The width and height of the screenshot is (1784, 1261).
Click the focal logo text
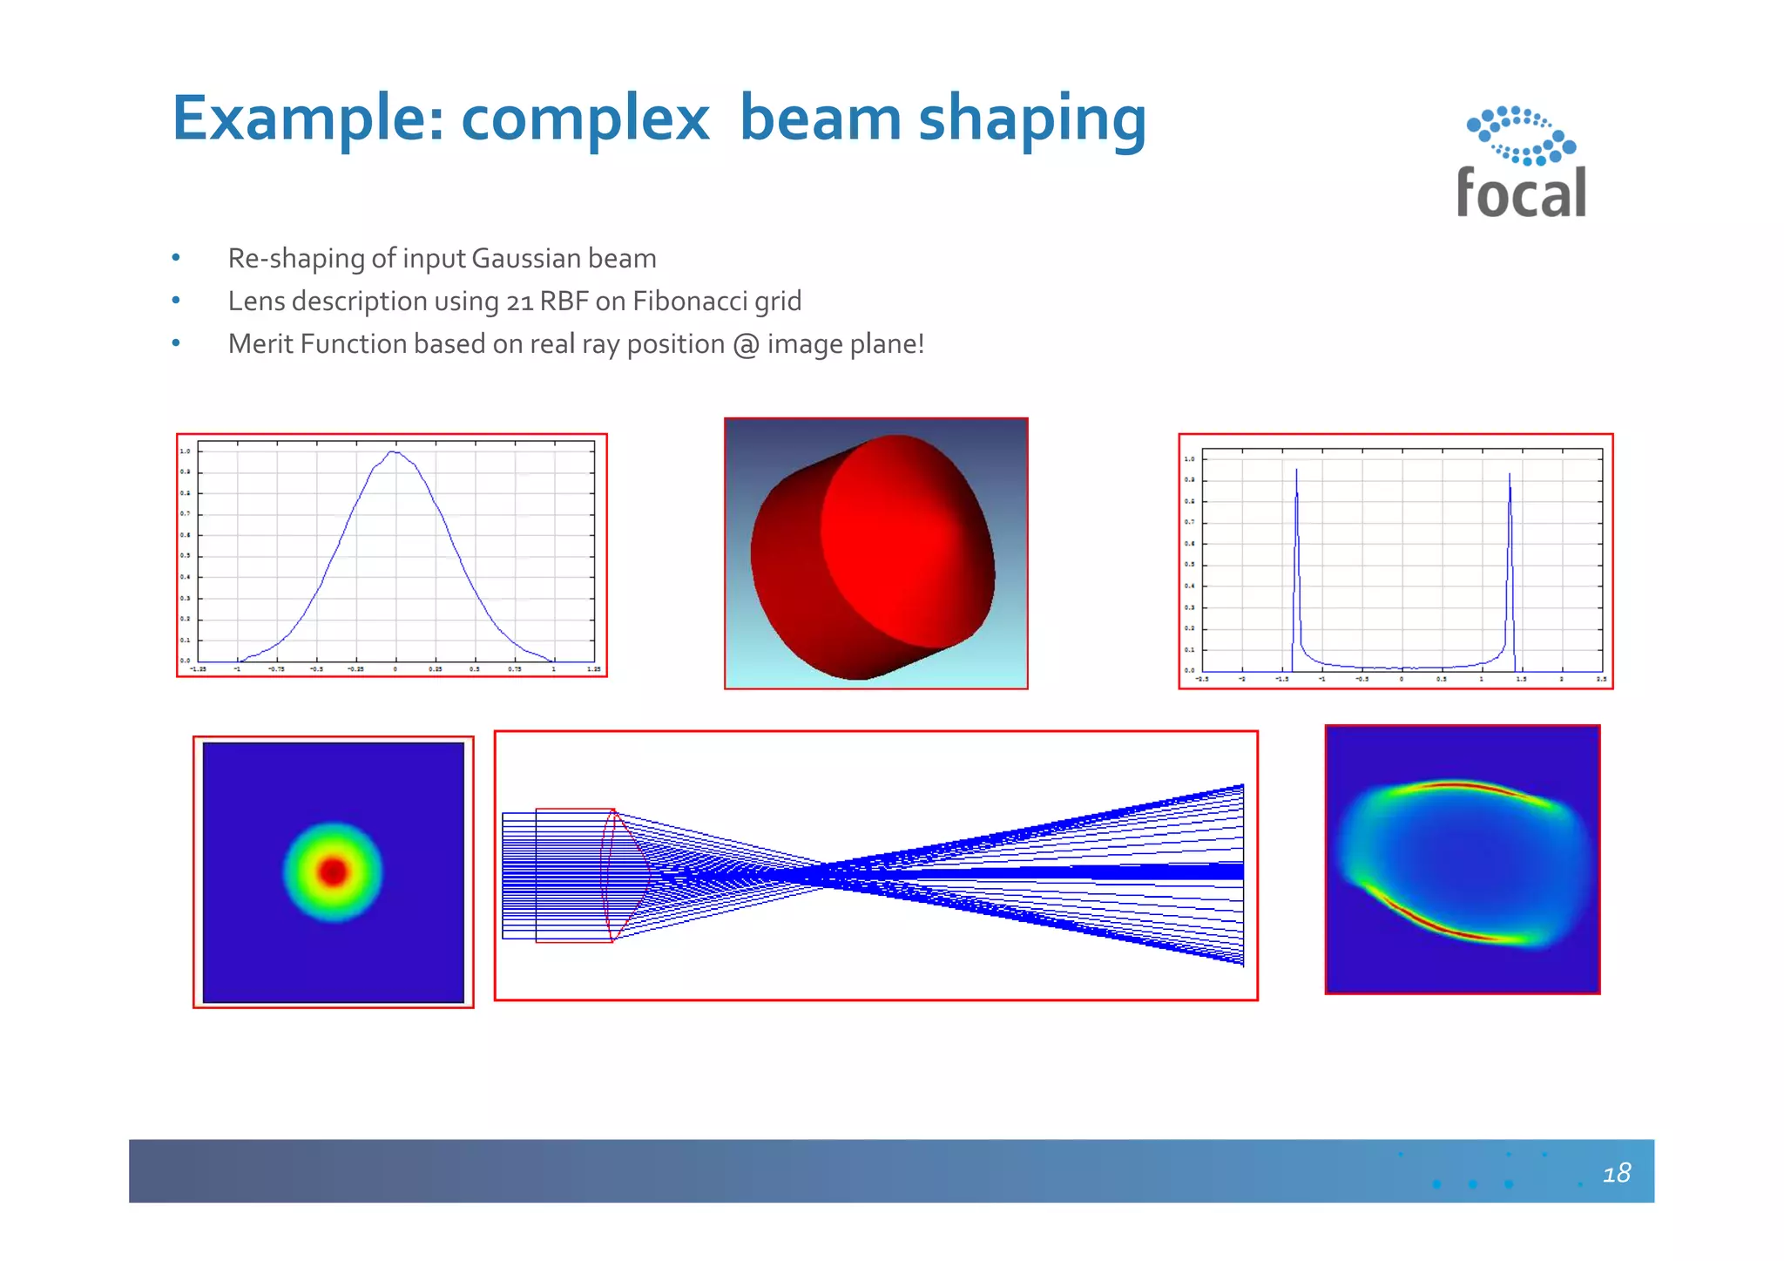point(1521,193)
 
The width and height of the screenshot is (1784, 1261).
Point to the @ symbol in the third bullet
point(746,345)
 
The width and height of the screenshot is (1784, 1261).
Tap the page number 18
point(1616,1173)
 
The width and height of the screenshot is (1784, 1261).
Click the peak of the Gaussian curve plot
point(395,452)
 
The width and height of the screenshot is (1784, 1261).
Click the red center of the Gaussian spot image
point(333,871)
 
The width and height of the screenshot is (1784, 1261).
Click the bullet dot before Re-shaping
point(176,258)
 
